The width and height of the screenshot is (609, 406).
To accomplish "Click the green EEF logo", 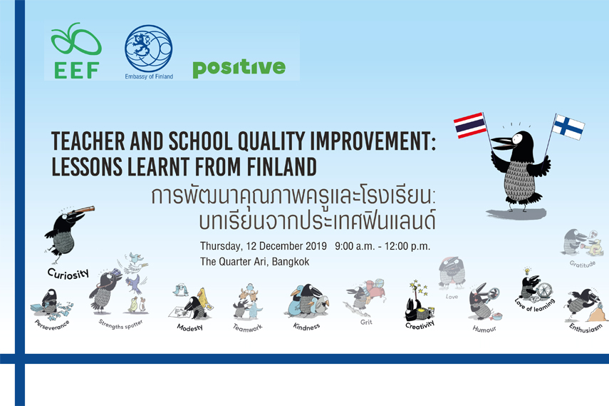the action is click(76, 51).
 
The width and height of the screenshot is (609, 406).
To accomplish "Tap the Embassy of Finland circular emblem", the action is click(148, 49).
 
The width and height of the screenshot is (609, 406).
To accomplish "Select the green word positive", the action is click(239, 68).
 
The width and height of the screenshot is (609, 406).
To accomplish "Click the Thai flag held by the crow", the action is click(470, 126).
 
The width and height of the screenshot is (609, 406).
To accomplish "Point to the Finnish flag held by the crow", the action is click(568, 127).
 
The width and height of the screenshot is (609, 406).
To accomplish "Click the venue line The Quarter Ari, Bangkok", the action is click(255, 262).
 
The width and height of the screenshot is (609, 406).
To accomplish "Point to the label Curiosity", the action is click(68, 273).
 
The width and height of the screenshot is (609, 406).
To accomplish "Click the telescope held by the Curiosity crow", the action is click(82, 210).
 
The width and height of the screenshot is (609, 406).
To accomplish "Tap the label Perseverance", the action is click(52, 325).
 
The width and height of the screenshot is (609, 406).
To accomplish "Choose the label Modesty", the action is click(190, 328).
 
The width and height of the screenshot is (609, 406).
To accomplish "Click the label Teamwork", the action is click(248, 328).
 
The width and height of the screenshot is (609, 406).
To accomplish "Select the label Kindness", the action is click(306, 327).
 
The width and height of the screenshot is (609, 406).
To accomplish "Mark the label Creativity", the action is click(420, 325).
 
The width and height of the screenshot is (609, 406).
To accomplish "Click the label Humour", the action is click(484, 329).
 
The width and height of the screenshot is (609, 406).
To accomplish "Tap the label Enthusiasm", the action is click(585, 328).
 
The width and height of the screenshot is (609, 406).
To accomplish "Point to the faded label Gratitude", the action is click(582, 264).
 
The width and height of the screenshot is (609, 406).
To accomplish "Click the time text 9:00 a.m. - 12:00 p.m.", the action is click(382, 246).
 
